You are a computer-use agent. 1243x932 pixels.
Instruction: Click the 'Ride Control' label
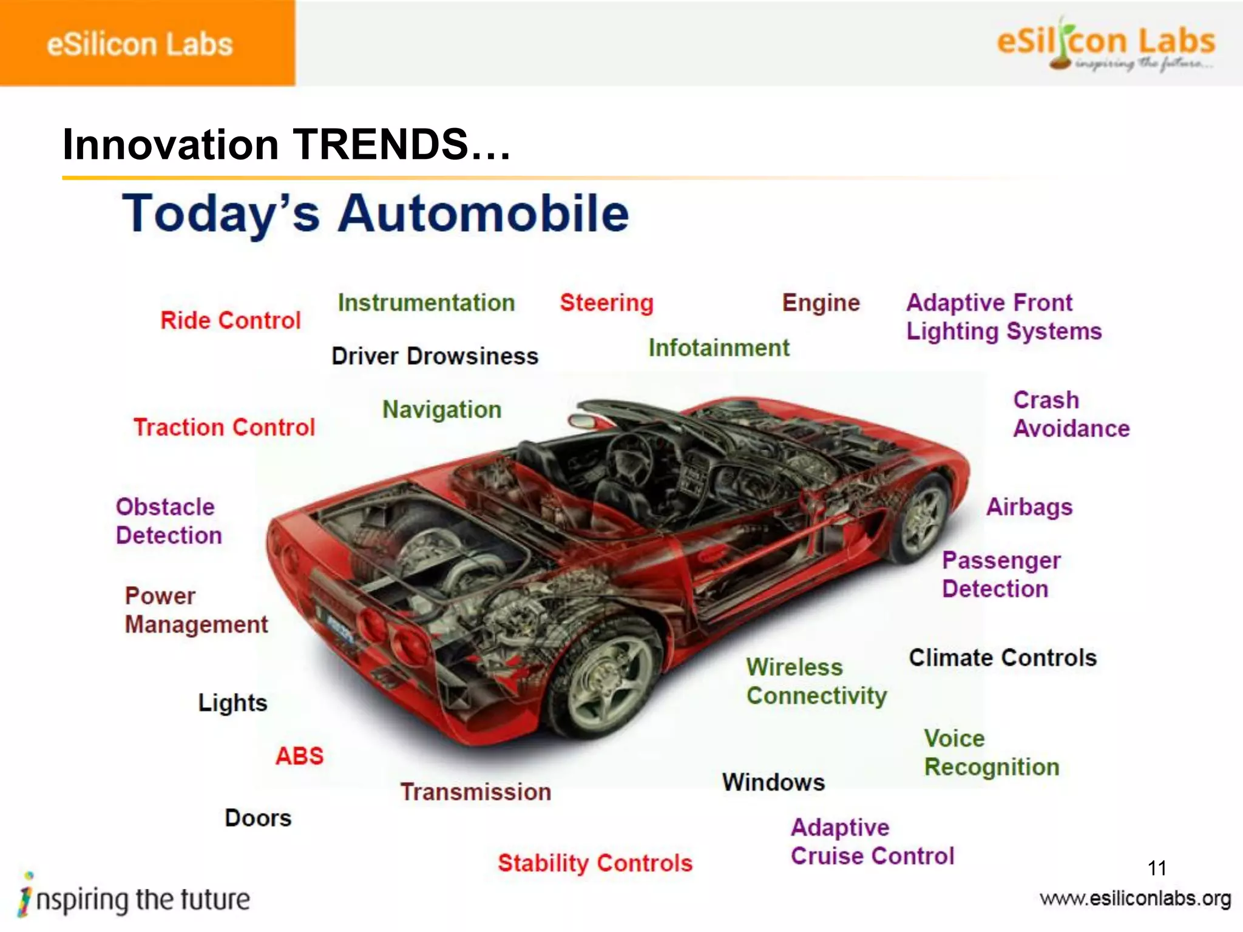(231, 320)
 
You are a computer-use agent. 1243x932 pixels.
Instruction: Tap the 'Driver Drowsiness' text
(435, 356)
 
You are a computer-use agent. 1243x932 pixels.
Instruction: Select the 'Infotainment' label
(719, 348)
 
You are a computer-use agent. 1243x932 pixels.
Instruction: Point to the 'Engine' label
(821, 303)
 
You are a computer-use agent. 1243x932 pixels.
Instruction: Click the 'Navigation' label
(442, 410)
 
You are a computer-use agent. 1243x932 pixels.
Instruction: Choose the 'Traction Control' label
(224, 428)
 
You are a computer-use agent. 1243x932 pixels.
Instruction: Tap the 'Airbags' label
(1029, 507)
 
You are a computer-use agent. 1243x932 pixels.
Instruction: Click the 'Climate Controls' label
(1003, 658)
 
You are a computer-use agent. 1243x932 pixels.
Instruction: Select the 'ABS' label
(300, 756)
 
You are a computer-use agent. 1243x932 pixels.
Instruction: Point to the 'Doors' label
(258, 818)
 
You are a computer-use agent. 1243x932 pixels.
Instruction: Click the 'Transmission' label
(476, 792)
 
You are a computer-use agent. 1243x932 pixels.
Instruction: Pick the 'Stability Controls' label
(595, 863)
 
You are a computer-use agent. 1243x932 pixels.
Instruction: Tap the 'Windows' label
(773, 783)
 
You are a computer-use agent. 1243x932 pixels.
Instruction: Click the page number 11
(1157, 868)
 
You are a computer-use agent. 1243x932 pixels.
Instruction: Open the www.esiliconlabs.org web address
(1135, 899)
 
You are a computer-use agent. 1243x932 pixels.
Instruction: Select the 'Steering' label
(606, 303)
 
